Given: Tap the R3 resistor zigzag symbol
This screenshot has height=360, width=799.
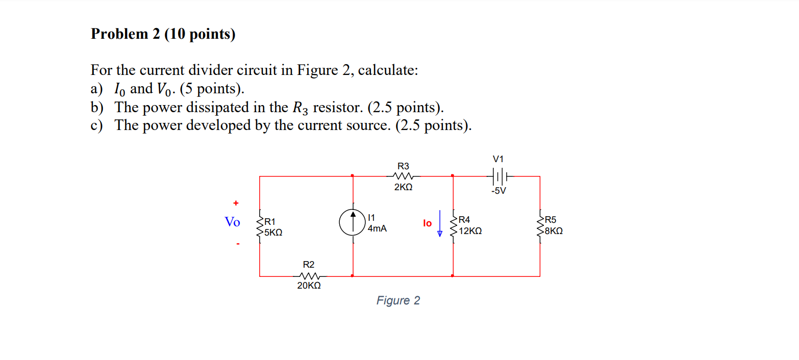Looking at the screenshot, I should point(403,176).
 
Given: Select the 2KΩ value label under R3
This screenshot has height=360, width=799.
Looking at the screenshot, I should point(403,188).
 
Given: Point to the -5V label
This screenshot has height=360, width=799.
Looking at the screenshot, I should point(498,191).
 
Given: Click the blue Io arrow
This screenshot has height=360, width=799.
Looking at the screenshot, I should point(440,224).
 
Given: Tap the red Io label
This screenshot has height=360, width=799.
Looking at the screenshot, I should point(427,223).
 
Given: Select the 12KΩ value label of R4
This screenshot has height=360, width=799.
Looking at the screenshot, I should point(470,232).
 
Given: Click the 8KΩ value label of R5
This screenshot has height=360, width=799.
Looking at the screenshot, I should point(554,231).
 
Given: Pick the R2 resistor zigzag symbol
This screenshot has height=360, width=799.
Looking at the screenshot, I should point(309,276).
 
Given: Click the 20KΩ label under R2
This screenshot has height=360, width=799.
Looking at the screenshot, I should point(309,287).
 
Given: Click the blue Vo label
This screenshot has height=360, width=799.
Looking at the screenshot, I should point(232,222).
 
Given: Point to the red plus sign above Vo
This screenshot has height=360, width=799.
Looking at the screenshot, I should point(236,203).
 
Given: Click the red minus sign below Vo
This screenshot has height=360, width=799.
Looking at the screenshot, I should point(237,244).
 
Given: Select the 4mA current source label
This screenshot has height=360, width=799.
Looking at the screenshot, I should point(377,229).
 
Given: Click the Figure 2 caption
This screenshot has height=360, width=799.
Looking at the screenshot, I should point(398,301).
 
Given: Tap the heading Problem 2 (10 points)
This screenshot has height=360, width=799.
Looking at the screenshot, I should point(163,34).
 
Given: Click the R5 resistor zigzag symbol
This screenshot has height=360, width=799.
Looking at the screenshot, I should point(540,226).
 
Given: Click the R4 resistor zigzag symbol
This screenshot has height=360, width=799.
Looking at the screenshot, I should point(453,226).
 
